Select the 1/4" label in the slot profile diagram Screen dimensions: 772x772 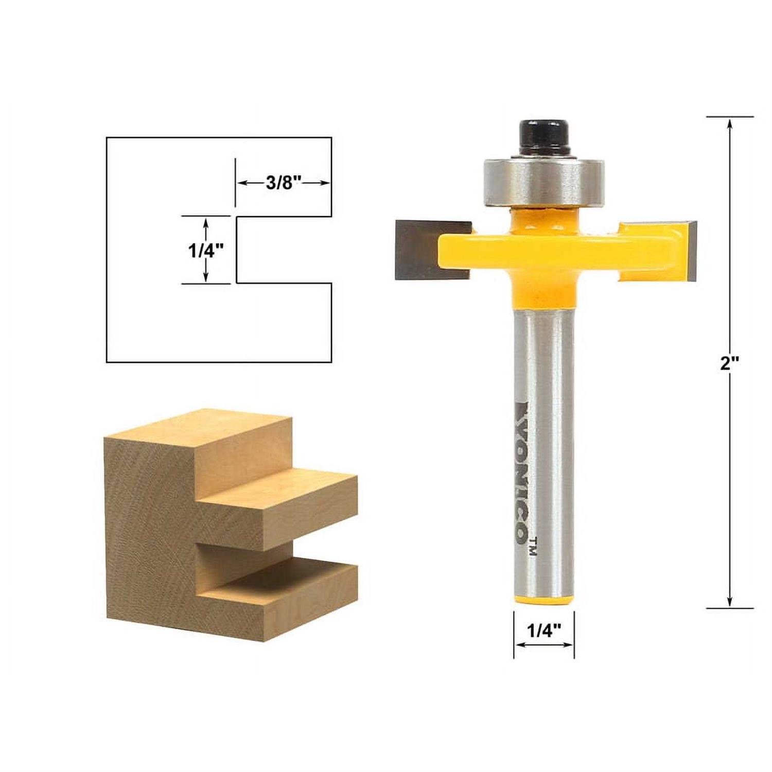(x=205, y=251)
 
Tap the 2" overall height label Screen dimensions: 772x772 (x=729, y=364)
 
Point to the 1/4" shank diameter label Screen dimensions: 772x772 (x=543, y=630)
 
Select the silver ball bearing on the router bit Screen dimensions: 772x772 (x=543, y=182)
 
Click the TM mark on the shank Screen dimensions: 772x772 (x=533, y=546)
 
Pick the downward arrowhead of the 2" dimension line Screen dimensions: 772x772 (x=729, y=602)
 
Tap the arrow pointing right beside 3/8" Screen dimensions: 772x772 (x=323, y=183)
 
